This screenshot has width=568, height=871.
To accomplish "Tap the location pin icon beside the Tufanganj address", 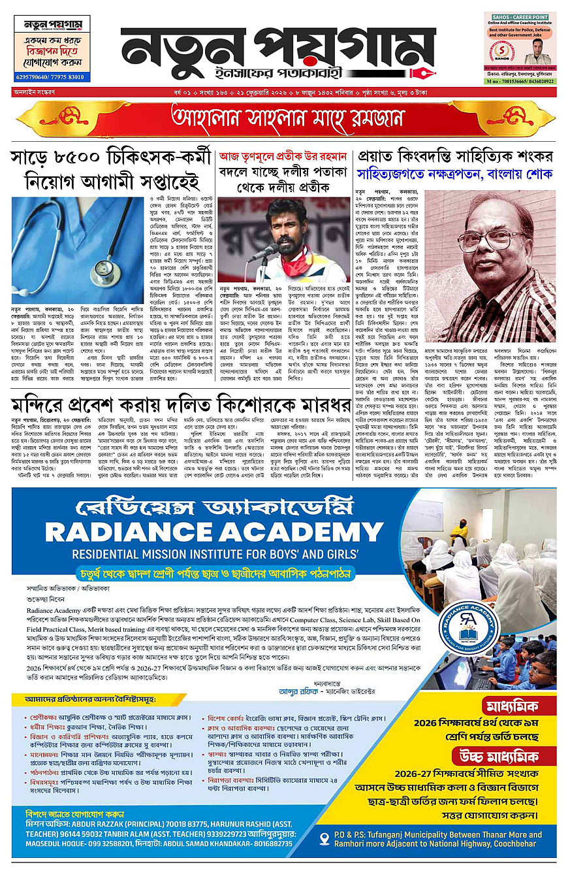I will coord(324,838).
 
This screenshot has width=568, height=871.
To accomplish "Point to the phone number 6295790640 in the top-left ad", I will coord(36,77).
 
